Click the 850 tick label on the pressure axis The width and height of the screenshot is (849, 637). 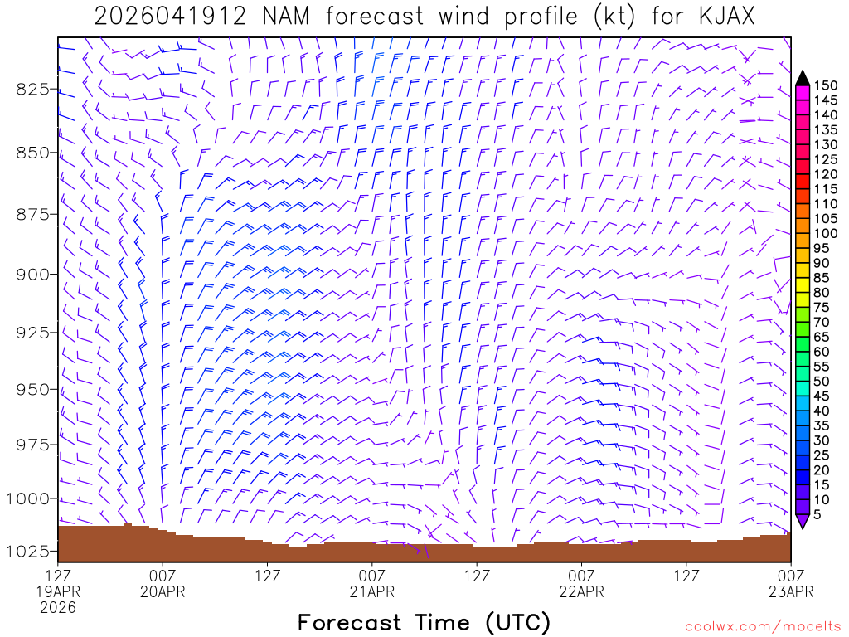pos(32,153)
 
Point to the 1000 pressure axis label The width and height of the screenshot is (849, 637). pos(28,498)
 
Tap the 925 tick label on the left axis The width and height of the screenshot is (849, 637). pos(32,333)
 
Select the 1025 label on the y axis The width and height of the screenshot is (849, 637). pos(28,551)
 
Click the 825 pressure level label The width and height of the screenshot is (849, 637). pos(32,89)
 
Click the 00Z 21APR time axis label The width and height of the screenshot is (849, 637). pos(372,582)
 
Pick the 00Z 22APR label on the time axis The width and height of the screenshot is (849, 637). pos(581,582)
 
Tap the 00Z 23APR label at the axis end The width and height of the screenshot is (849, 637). pos(790,582)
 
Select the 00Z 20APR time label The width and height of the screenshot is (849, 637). pos(163,582)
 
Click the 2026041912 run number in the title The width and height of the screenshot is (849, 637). pos(170,17)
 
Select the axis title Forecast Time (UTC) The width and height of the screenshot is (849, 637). pos(424,622)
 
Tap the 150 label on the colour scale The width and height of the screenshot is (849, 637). pos(825,85)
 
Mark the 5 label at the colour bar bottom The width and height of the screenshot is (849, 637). pos(818,515)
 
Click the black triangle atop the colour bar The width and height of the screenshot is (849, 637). pos(803,78)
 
